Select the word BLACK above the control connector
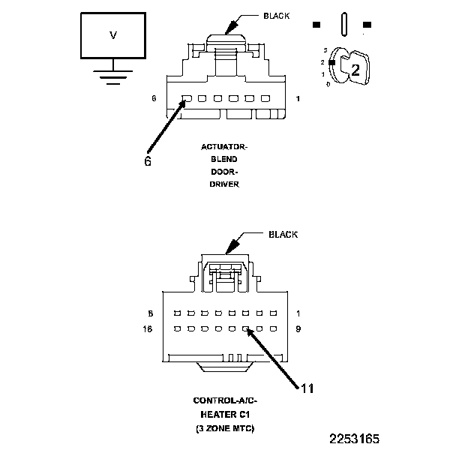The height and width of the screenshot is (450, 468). click(x=283, y=235)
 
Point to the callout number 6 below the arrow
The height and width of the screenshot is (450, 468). click(x=147, y=160)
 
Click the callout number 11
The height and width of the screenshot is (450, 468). click(x=307, y=388)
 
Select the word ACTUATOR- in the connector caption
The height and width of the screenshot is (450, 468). click(x=224, y=148)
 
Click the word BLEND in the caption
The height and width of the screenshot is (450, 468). click(x=224, y=160)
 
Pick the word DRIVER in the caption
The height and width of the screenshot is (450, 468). click(x=224, y=184)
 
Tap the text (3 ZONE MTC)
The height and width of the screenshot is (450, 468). click(x=225, y=427)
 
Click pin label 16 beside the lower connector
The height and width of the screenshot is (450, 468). click(x=148, y=328)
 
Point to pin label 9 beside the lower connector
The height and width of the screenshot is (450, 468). click(x=298, y=328)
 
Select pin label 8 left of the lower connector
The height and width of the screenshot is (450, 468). click(x=151, y=313)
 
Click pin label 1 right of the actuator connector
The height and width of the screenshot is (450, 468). click(x=298, y=98)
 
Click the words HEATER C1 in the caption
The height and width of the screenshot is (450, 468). click(x=225, y=415)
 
